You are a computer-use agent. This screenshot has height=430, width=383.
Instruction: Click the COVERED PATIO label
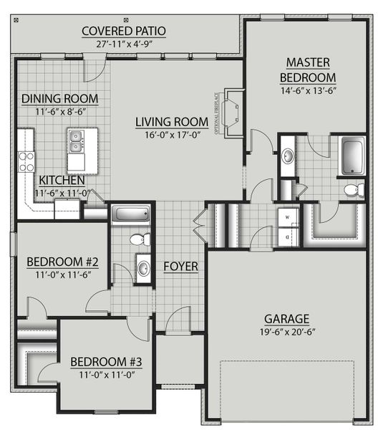[x=124, y=31]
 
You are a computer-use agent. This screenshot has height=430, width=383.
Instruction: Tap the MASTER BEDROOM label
[x=307, y=70]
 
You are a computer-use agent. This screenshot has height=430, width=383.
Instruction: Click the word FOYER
[x=180, y=267]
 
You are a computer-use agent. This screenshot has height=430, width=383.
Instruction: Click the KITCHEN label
[x=62, y=181]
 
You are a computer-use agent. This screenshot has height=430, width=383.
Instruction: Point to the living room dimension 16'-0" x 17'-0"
[x=172, y=134]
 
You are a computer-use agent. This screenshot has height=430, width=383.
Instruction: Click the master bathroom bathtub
[x=352, y=156]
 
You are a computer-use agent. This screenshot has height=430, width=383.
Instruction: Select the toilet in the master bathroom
[x=354, y=189]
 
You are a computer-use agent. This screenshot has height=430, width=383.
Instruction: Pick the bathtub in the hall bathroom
[x=130, y=214]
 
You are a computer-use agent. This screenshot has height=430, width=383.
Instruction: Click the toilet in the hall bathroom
[x=142, y=239]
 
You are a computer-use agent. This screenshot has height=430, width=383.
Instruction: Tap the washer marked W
[x=288, y=216]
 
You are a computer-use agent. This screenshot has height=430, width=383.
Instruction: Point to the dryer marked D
[x=288, y=235]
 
